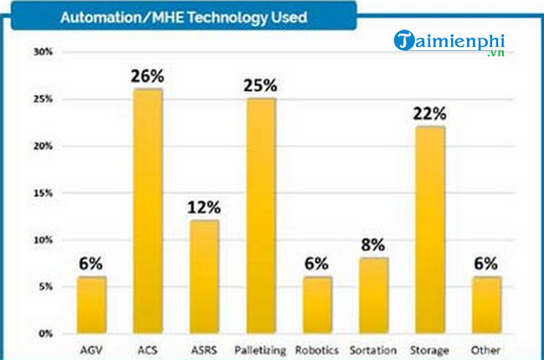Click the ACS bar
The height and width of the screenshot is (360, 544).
(x=147, y=211)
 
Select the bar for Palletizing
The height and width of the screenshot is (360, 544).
(x=261, y=216)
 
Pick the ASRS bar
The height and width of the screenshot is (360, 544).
(x=204, y=276)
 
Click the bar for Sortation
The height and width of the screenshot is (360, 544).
(x=374, y=296)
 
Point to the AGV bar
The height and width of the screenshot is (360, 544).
(x=91, y=305)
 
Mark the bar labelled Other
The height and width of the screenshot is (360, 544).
(x=487, y=305)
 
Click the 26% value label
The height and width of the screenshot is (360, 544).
(x=147, y=76)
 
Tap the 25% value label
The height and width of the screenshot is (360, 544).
(x=261, y=85)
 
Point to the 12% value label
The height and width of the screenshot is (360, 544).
(x=204, y=207)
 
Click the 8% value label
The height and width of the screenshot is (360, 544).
(x=374, y=244)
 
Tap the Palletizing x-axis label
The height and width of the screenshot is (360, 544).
(x=261, y=350)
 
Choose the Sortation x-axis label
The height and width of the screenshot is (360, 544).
(x=374, y=350)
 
